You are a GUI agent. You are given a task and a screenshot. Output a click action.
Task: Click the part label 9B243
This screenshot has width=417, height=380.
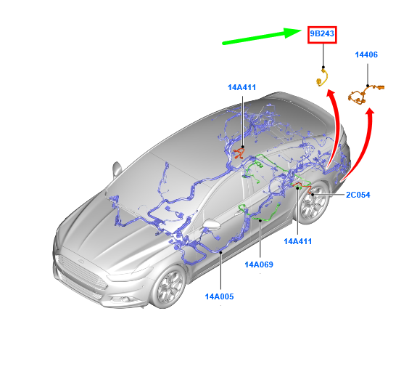[322, 34]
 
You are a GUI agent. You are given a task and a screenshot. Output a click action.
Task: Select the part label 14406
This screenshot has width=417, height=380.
[366, 54]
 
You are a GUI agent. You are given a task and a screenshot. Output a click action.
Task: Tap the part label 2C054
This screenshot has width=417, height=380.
[358, 195]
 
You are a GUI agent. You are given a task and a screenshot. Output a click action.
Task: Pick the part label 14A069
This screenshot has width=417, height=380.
[259, 264]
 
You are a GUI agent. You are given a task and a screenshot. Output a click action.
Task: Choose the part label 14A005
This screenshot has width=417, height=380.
[219, 296]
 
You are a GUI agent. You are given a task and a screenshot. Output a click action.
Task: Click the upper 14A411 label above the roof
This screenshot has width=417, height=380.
[241, 87]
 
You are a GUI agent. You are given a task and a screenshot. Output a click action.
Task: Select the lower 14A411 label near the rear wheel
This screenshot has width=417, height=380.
[297, 241]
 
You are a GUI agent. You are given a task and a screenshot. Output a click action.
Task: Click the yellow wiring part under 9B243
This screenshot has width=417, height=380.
[323, 78]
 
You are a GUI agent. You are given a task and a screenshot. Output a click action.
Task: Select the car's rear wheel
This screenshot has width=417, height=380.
[313, 202]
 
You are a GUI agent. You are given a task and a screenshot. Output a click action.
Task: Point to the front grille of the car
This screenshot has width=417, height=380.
[82, 272]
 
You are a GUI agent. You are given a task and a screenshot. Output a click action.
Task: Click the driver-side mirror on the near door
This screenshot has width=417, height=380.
[211, 225]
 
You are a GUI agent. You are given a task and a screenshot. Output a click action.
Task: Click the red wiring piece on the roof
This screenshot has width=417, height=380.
[239, 154]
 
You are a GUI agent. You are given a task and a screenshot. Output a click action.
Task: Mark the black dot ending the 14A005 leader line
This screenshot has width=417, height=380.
[220, 252]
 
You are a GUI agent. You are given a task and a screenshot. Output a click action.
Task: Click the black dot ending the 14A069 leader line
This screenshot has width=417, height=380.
[260, 220]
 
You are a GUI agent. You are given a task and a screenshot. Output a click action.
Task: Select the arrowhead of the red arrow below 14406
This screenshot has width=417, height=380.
[369, 112]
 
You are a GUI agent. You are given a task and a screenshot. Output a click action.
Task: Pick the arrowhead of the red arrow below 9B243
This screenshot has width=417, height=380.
[331, 94]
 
